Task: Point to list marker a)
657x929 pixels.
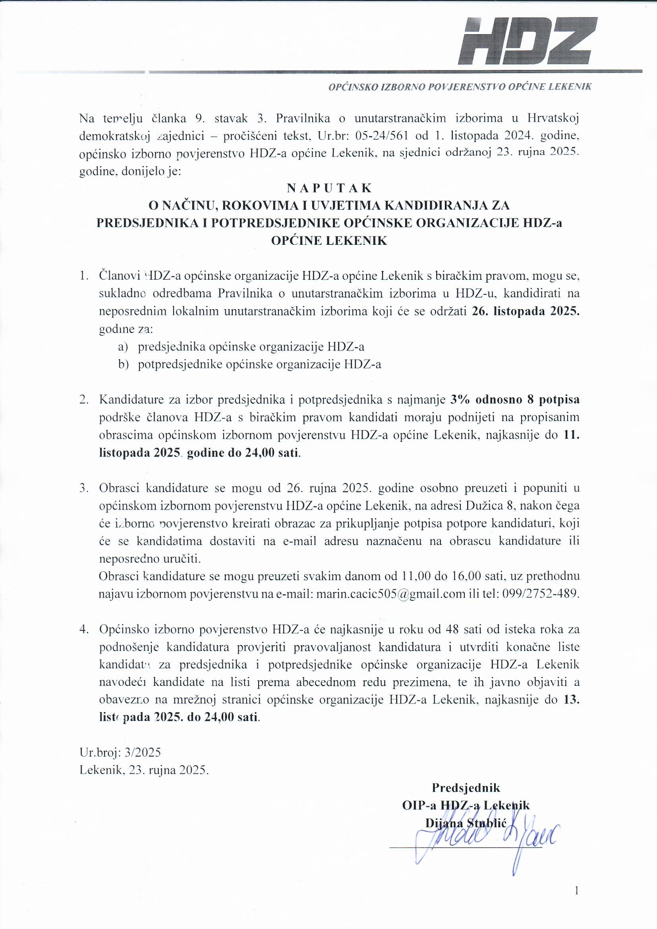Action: point(123,347)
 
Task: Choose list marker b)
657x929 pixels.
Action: point(123,364)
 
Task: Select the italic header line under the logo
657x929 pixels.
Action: point(460,87)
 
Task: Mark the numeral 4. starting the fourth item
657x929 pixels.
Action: point(84,629)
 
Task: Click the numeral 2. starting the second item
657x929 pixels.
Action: point(84,400)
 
